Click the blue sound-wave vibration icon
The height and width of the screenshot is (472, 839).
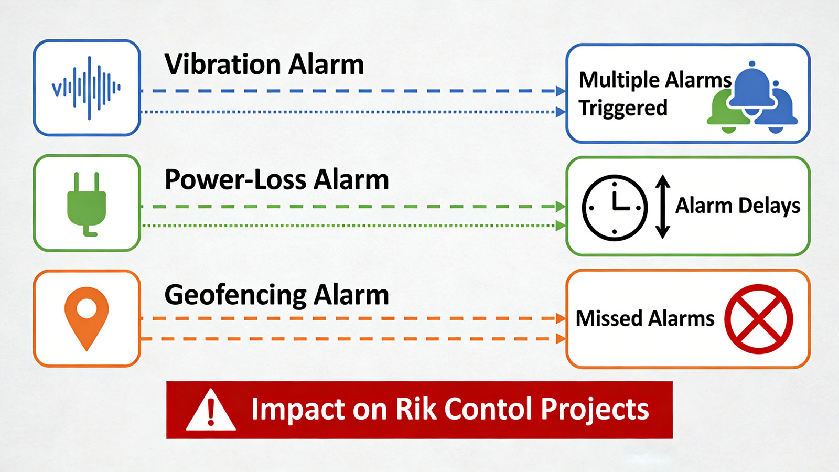87,88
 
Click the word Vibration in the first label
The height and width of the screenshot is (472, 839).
222,65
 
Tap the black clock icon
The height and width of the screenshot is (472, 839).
615,208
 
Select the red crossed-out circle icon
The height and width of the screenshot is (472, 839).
758,319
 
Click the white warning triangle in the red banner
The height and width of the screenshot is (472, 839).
211,411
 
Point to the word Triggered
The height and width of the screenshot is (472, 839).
623,108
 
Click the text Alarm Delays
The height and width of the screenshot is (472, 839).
737,206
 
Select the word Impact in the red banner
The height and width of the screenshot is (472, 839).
297,410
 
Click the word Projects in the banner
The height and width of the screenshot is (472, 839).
594,410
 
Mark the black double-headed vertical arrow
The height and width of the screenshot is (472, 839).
663,207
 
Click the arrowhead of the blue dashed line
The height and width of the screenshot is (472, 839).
561,91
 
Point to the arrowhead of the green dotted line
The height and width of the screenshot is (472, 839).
561,226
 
